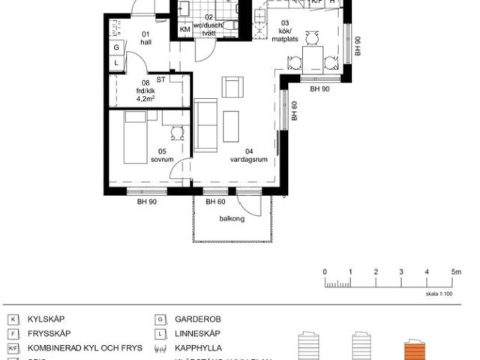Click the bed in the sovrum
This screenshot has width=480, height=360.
click(x=135, y=136)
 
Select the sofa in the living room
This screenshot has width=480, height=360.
click(x=205, y=124)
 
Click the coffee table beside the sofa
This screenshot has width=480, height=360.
click(x=231, y=126)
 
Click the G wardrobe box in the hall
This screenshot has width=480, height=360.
click(x=116, y=48)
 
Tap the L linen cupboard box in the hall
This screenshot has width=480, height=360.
click(x=116, y=63)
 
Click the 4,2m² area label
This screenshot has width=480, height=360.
click(x=146, y=97)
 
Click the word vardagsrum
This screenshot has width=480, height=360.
click(x=245, y=159)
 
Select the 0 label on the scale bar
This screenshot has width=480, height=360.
click(x=325, y=271)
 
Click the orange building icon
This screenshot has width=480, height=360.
click(x=415, y=349)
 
